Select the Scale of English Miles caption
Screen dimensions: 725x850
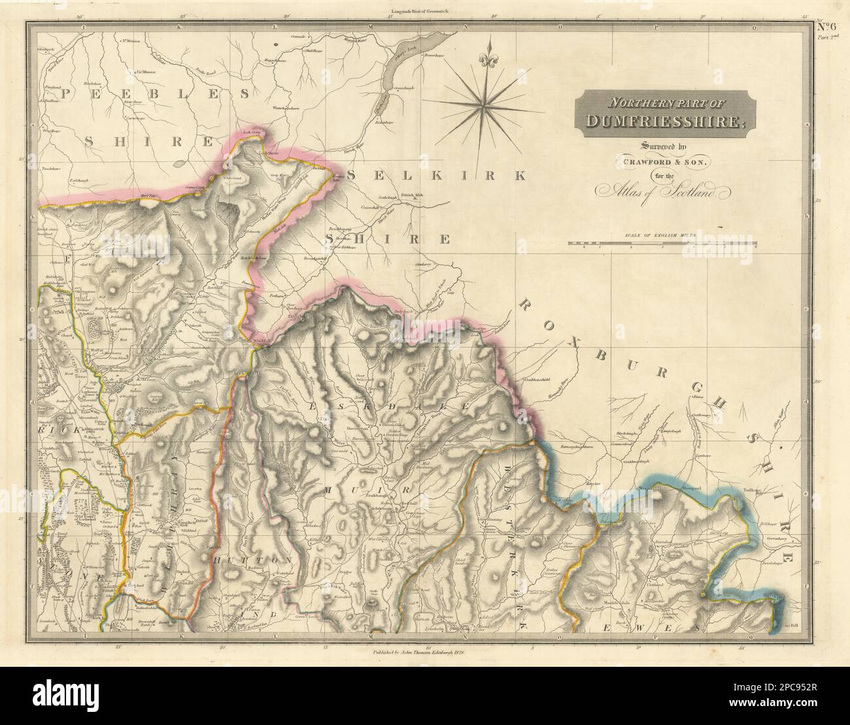click(x=662, y=235)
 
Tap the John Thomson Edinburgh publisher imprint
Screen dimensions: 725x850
click(x=426, y=652)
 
